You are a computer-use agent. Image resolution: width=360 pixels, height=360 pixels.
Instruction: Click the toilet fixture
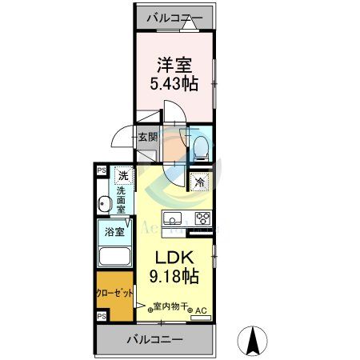coord(200,145)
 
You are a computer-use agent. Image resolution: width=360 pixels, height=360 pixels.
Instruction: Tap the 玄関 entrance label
coord(148,138)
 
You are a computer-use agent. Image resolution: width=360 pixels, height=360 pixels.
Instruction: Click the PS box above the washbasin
coord(101,170)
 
